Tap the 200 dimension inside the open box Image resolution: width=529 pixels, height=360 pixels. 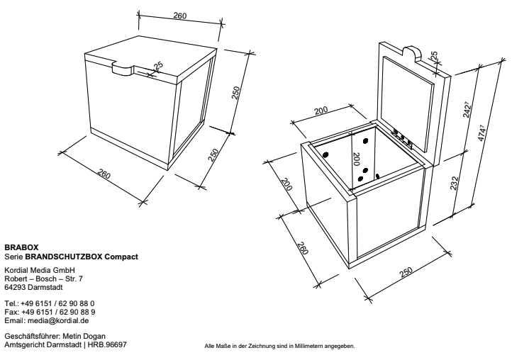pos(356,162)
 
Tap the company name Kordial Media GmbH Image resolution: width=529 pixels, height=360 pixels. pos(39,271)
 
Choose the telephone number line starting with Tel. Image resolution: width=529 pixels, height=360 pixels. pos(50,303)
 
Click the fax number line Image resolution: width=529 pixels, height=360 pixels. pos(50,310)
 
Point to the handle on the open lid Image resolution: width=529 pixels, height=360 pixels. pos(412,52)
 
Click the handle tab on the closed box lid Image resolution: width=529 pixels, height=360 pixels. pos(123,69)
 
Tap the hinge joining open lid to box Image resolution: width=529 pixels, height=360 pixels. pos(403,136)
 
